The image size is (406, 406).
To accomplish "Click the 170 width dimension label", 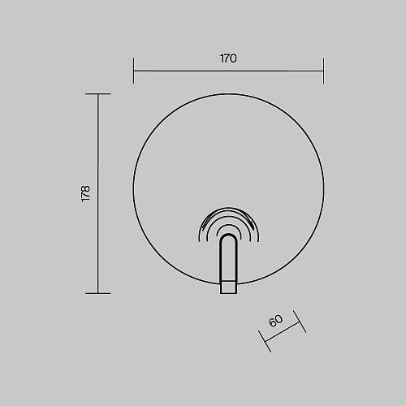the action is [x=228, y=58].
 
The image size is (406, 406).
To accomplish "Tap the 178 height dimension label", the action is [x=85, y=193].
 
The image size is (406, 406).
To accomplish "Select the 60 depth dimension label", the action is [x=276, y=321].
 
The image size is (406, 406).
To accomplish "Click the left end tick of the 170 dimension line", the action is [x=133, y=71].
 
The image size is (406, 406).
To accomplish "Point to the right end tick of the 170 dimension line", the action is [x=323, y=71].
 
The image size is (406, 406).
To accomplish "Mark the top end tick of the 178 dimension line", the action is [x=98, y=93].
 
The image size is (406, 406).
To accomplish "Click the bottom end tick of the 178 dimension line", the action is [x=98, y=293].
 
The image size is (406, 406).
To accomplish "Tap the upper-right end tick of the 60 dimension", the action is [x=300, y=322].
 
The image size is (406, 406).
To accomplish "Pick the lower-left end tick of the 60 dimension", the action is [x=265, y=341].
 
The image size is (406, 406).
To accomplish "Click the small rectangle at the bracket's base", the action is [x=229, y=287].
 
